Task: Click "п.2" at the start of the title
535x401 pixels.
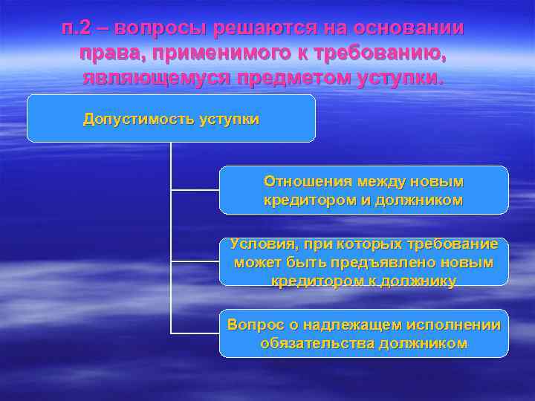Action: point(77,28)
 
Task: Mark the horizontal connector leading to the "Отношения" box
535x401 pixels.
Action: point(195,190)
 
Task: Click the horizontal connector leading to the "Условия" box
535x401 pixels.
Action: point(195,261)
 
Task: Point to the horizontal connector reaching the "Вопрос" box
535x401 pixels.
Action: point(195,333)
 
